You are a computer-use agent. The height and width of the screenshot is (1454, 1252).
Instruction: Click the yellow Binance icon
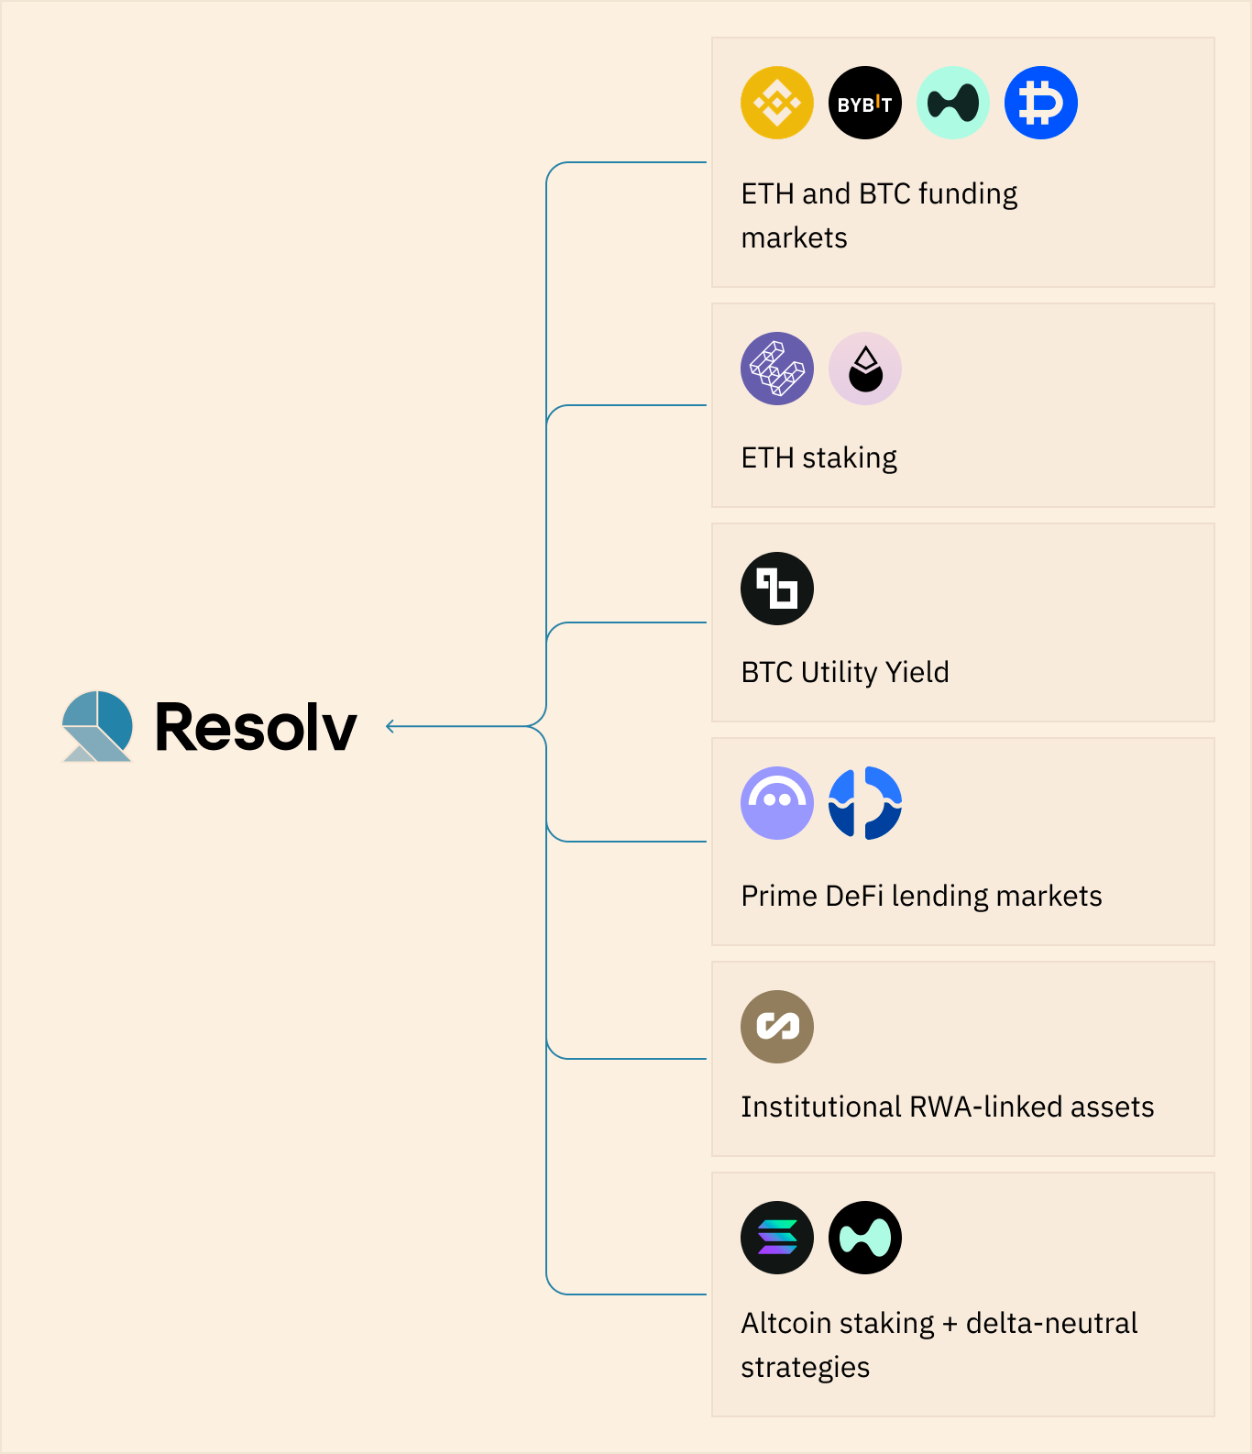[x=776, y=103]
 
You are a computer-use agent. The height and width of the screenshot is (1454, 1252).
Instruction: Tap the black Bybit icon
[x=864, y=103]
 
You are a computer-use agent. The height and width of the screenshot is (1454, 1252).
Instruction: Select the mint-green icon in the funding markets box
[x=952, y=103]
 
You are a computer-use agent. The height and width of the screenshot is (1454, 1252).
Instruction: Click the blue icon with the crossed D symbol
[x=1040, y=103]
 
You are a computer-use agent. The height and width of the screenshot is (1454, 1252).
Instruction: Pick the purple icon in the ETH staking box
[x=776, y=369]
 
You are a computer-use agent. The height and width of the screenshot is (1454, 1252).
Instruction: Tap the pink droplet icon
[x=864, y=369]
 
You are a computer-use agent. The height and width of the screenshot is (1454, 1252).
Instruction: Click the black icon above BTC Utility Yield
[x=776, y=589]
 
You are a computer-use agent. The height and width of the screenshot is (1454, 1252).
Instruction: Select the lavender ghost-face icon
[x=776, y=803]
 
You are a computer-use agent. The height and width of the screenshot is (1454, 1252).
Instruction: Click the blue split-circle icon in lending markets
[x=864, y=803]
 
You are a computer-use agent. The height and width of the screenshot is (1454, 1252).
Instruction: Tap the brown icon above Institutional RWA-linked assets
[x=776, y=1027]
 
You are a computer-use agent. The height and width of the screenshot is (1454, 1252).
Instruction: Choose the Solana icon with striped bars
[x=776, y=1238]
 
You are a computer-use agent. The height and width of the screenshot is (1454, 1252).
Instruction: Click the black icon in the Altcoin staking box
[x=864, y=1238]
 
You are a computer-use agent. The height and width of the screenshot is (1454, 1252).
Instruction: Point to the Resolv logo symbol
[x=97, y=726]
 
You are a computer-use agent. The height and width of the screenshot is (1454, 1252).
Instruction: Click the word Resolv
[x=256, y=727]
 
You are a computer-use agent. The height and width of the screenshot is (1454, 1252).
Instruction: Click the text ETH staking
[x=818, y=457]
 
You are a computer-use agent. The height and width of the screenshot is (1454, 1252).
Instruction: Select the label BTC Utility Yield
[x=844, y=672]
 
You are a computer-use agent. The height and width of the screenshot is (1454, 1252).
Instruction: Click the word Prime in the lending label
[x=778, y=896]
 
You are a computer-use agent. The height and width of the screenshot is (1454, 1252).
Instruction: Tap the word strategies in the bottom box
[x=805, y=1367]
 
